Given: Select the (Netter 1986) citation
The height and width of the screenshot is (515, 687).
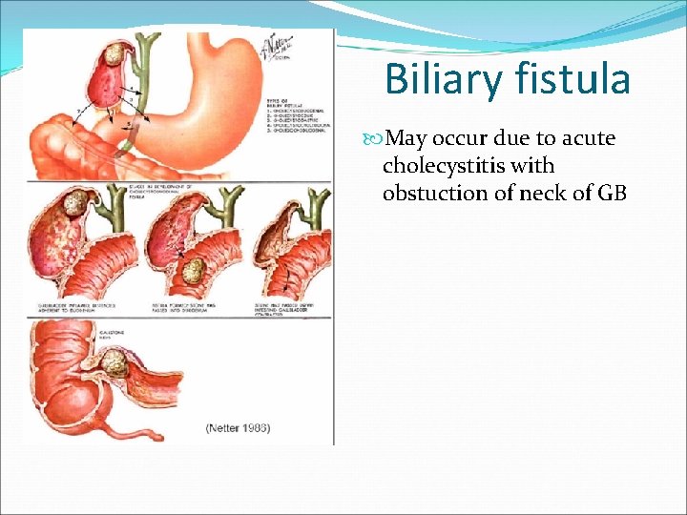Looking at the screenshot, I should (238, 428).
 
